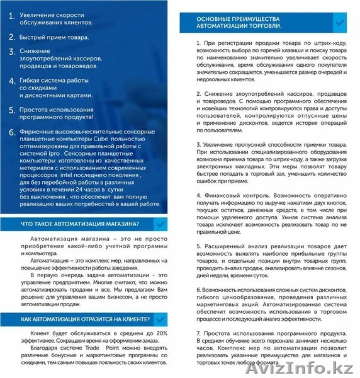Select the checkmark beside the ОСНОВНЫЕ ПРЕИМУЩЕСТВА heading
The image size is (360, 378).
pos(339,23)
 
